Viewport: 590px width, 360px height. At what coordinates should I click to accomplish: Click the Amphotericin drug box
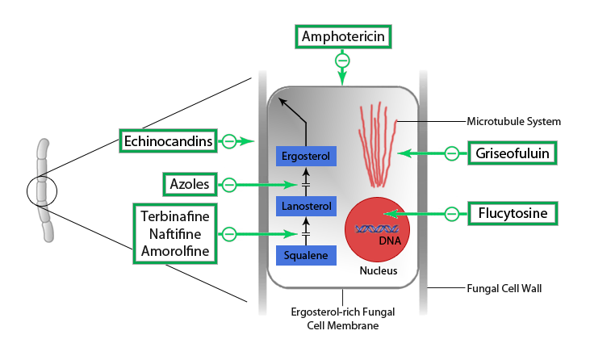point(343,36)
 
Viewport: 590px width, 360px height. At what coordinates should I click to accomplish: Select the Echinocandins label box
point(169,141)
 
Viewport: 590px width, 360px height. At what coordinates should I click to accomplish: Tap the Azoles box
point(190,185)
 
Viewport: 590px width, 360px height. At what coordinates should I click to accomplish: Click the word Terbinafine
point(175,216)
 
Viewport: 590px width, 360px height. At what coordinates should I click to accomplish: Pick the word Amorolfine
point(175,252)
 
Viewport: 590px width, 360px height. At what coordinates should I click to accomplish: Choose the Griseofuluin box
point(514,152)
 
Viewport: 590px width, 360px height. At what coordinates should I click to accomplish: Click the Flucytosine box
point(514,214)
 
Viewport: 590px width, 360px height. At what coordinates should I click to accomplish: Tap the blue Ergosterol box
point(306,155)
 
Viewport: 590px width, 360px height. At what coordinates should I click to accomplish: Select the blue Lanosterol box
point(306,207)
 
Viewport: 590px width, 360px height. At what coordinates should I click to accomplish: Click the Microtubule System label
point(513,122)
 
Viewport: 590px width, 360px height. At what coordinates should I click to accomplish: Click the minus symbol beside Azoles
point(229,185)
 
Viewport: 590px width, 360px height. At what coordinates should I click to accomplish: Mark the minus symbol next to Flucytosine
point(453,214)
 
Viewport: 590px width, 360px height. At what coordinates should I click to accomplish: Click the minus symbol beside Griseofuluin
point(453,152)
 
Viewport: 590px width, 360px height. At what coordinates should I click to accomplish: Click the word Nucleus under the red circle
point(378,271)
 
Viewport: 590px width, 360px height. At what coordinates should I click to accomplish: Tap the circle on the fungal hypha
point(43,191)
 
